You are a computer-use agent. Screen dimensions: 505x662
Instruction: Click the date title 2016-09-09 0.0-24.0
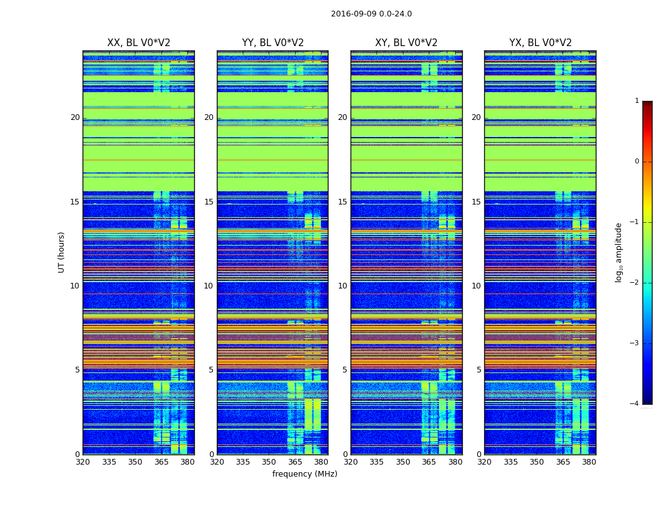pyautogui.click(x=371, y=14)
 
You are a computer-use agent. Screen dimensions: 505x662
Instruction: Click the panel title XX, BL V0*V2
pyautogui.click(x=139, y=43)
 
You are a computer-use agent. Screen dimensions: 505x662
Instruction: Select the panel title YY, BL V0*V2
pyautogui.click(x=272, y=43)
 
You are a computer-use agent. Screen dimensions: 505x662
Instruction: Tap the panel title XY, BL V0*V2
pyautogui.click(x=406, y=43)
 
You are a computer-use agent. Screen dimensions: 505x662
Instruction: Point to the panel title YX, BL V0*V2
pyautogui.click(x=540, y=43)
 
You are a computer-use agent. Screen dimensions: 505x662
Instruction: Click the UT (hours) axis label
pyautogui.click(x=61, y=252)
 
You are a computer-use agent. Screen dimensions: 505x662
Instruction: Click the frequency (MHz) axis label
pyautogui.click(x=305, y=474)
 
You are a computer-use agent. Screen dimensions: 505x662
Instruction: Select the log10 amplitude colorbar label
pyautogui.click(x=619, y=252)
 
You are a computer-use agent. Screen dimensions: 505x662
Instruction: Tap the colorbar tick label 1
pyautogui.click(x=637, y=101)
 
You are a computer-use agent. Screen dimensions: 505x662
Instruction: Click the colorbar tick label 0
pyautogui.click(x=637, y=162)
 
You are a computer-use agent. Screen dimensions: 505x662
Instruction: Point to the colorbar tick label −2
pyautogui.click(x=635, y=283)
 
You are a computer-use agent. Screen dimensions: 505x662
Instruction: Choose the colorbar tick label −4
pyautogui.click(x=635, y=404)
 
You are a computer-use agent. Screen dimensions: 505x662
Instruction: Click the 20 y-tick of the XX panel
pyautogui.click(x=75, y=117)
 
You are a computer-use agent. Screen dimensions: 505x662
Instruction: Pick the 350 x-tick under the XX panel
pyautogui.click(x=135, y=462)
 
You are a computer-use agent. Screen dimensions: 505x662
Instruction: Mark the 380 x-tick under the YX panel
pyautogui.click(x=589, y=462)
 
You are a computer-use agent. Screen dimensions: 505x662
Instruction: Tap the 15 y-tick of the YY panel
pyautogui.click(x=209, y=202)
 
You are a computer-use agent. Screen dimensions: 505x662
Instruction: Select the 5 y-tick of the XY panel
pyautogui.click(x=345, y=370)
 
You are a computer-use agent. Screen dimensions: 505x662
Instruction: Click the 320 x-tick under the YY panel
pyautogui.click(x=217, y=462)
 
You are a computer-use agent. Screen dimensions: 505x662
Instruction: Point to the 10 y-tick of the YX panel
pyautogui.click(x=477, y=286)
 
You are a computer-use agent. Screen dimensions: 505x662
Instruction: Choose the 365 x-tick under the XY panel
pyautogui.click(x=429, y=462)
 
